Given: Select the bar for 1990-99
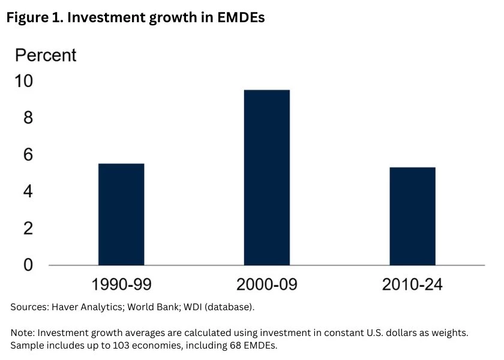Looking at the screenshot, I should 121,214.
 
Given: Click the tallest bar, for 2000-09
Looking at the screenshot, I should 266,178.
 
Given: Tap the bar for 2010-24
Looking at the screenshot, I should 412,216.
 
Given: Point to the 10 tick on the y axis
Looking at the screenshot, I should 24,81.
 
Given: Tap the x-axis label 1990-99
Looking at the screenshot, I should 121,284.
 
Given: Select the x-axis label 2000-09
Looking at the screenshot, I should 266,284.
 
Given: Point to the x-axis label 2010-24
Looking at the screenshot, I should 412,284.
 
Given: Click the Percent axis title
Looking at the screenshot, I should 46,55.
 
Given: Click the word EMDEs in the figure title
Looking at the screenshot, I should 240,18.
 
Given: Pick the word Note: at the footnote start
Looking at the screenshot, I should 23,332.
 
